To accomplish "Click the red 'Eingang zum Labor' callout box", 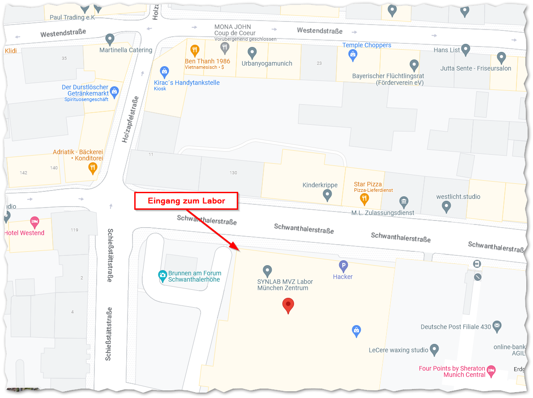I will (x=186, y=201).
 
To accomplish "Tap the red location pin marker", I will (x=288, y=306).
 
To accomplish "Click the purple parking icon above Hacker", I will (x=343, y=267).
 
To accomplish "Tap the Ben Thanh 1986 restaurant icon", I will (x=195, y=50).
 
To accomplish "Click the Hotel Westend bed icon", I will (x=34, y=221).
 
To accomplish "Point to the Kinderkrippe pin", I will (x=327, y=195).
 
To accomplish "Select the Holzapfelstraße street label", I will (x=130, y=119).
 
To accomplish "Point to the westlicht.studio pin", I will (x=446, y=206).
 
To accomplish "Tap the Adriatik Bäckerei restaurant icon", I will (x=93, y=168).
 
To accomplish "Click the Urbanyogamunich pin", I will (x=252, y=53).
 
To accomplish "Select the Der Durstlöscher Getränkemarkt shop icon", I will (x=114, y=92).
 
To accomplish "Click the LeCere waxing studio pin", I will (x=434, y=349).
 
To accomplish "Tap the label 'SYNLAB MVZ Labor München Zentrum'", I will (x=285, y=285).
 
